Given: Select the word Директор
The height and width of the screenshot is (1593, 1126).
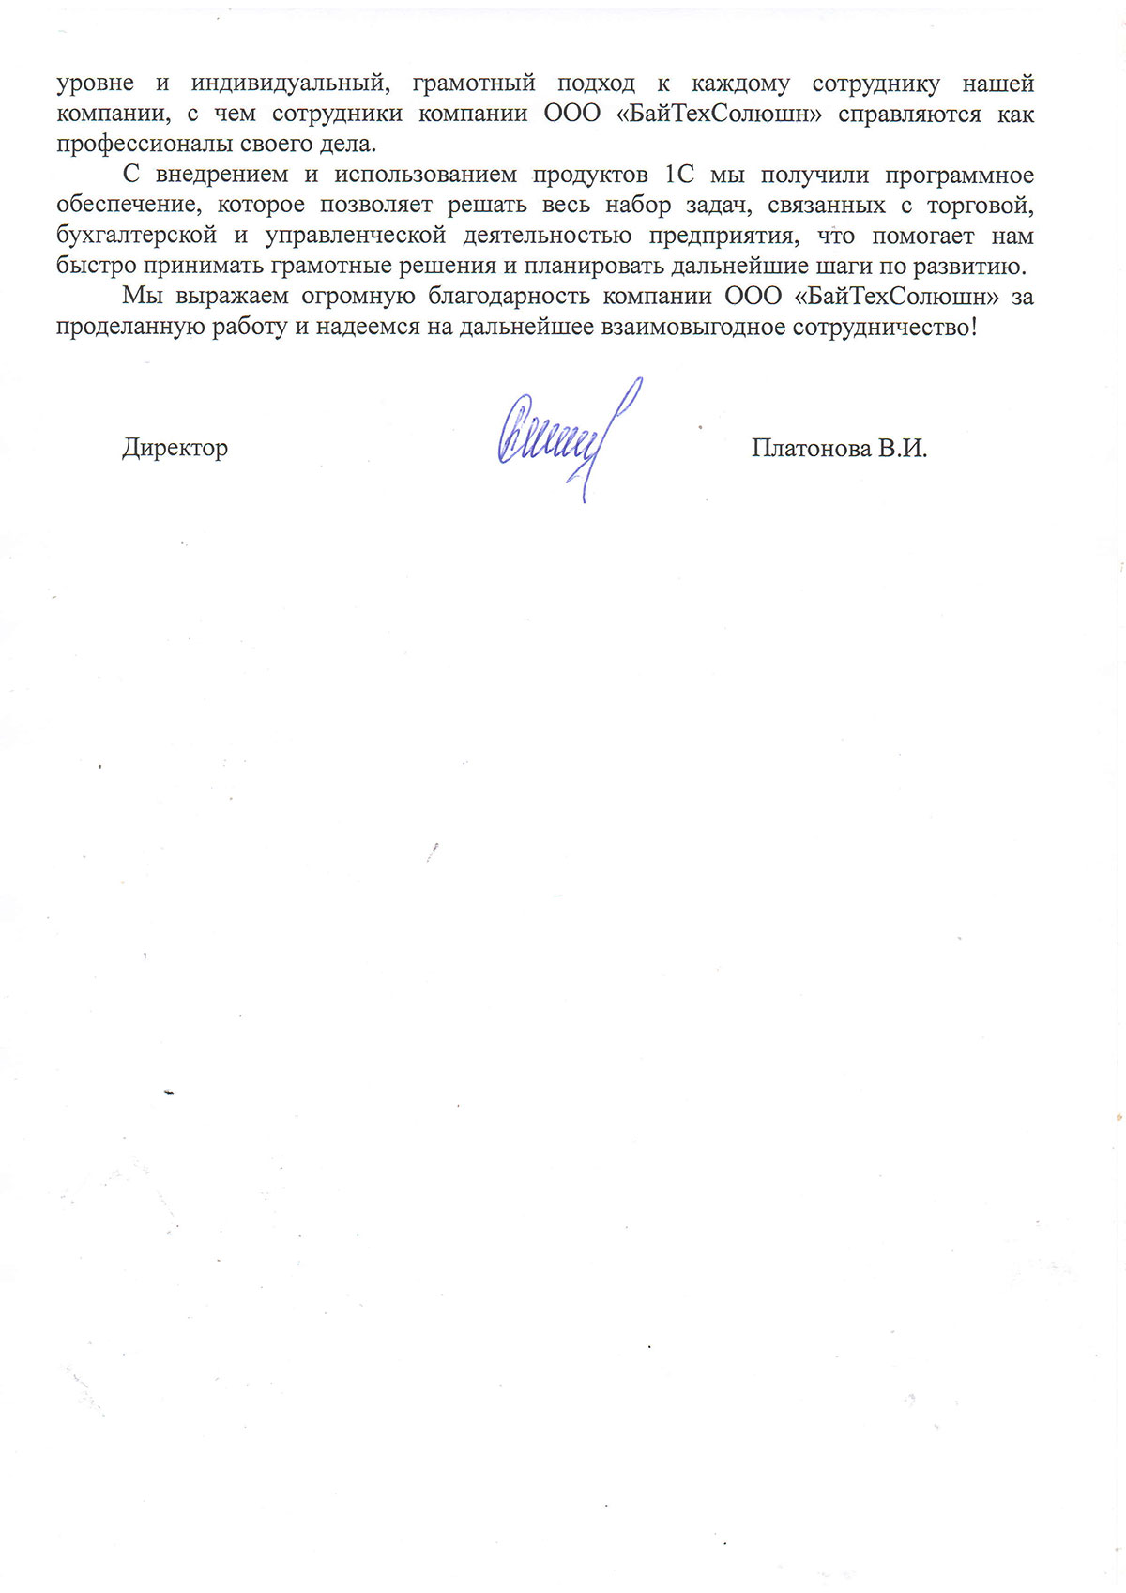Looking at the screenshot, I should point(175,448).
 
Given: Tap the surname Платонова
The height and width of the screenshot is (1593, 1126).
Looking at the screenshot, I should point(812,449).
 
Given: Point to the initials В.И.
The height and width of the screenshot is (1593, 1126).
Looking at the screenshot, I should point(903,449).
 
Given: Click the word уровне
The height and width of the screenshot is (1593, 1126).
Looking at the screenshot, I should point(95,84).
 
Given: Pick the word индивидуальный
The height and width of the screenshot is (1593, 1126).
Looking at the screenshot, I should point(289,84).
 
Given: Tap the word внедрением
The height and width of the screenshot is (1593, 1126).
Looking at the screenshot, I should point(221,176).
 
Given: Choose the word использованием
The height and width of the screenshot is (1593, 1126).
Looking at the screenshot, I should point(426,176).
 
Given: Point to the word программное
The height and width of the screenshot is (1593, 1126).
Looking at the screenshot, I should point(960,176).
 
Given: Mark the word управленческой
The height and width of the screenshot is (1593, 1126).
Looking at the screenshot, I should point(356,236).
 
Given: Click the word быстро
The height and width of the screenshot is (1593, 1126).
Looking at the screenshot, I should point(96,267).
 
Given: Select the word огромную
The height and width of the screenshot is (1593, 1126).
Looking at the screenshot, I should point(358,298).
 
